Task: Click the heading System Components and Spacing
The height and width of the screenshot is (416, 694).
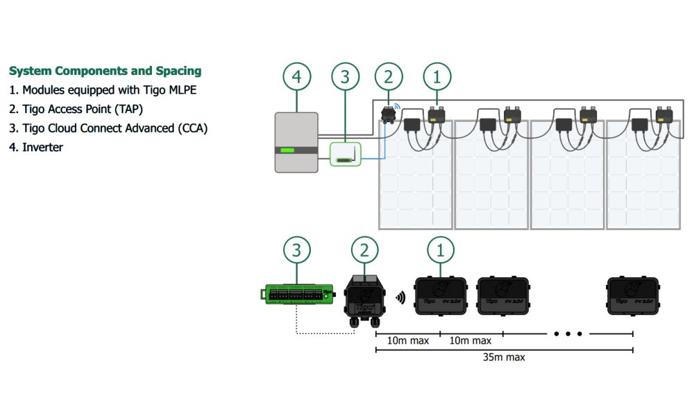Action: [105, 71]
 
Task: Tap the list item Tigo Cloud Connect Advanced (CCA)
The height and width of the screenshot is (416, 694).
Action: [108, 128]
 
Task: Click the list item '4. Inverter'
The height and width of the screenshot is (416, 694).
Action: [36, 147]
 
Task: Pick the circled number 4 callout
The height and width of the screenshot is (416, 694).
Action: [296, 78]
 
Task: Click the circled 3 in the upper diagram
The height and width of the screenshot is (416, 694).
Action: [344, 78]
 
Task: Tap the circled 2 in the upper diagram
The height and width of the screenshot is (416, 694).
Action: [388, 78]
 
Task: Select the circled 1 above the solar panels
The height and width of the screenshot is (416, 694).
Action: [437, 78]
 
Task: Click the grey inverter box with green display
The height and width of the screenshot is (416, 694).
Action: [296, 142]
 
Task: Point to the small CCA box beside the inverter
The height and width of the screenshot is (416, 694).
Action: [343, 154]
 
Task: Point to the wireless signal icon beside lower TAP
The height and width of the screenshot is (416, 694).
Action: [400, 298]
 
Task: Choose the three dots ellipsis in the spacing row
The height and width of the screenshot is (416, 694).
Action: [568, 334]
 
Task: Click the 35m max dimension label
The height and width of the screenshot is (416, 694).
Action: [504, 358]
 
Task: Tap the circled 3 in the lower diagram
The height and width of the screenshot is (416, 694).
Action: [297, 250]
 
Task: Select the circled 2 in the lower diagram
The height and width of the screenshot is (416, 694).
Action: [365, 250]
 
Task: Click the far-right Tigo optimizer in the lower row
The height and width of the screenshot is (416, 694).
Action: [634, 295]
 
